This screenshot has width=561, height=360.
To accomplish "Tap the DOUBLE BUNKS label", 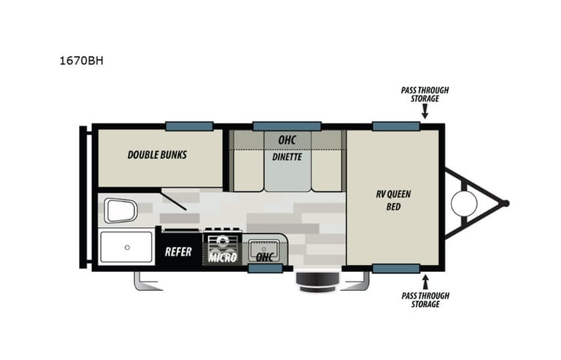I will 157,154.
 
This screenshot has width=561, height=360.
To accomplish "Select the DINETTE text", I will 287,157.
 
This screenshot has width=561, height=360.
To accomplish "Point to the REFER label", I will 179,251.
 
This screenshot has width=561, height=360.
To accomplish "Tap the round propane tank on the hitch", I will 464,203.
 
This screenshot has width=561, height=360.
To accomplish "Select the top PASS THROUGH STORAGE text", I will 424,94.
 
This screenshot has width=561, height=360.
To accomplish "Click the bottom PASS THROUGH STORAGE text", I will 424,300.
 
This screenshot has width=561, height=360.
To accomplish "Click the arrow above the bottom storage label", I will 424,282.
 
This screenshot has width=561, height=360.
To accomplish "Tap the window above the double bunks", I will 189,126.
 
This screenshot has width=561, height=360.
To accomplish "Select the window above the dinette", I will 287,126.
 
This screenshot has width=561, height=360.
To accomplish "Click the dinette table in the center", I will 287,170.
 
